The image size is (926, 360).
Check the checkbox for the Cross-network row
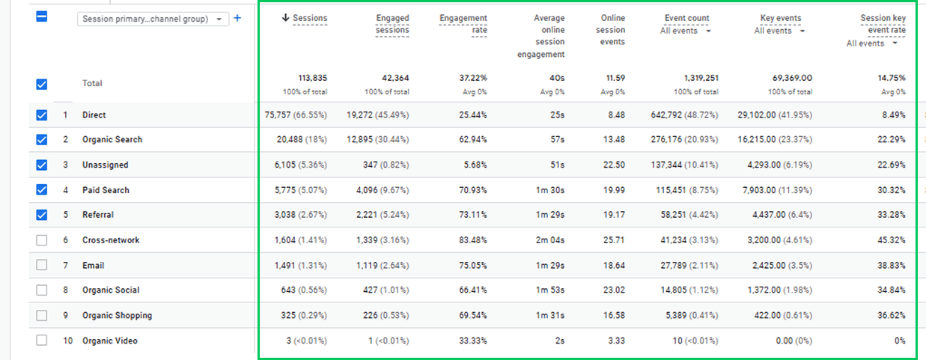pyautogui.click(x=42, y=240)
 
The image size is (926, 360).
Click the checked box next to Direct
pyautogui.click(x=42, y=115)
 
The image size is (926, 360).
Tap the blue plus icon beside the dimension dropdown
pyautogui.click(x=237, y=18)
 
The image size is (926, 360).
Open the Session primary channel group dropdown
pyautogui.click(x=153, y=19)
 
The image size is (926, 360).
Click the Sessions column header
pyautogui.click(x=310, y=18)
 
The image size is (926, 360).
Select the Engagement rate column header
pyautogui.click(x=463, y=24)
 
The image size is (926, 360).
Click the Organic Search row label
pyautogui.click(x=112, y=140)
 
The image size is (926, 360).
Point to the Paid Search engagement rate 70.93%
pyautogui.click(x=473, y=190)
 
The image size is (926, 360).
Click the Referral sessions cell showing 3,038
pyautogui.click(x=284, y=215)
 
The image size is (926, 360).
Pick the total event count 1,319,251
pyautogui.click(x=701, y=78)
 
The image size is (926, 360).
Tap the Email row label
pyautogui.click(x=93, y=266)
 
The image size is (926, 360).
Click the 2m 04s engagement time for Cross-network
pyautogui.click(x=550, y=240)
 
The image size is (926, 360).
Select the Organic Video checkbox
pyautogui.click(x=42, y=340)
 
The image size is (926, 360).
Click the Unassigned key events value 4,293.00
pyautogui.click(x=764, y=165)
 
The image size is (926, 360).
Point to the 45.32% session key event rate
pyautogui.click(x=892, y=240)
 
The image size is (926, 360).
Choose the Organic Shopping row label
pyautogui.click(x=117, y=315)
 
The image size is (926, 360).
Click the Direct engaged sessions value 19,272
pyautogui.click(x=359, y=115)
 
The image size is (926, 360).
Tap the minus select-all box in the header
pyautogui.click(x=42, y=16)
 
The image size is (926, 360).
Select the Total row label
pyautogui.click(x=92, y=84)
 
